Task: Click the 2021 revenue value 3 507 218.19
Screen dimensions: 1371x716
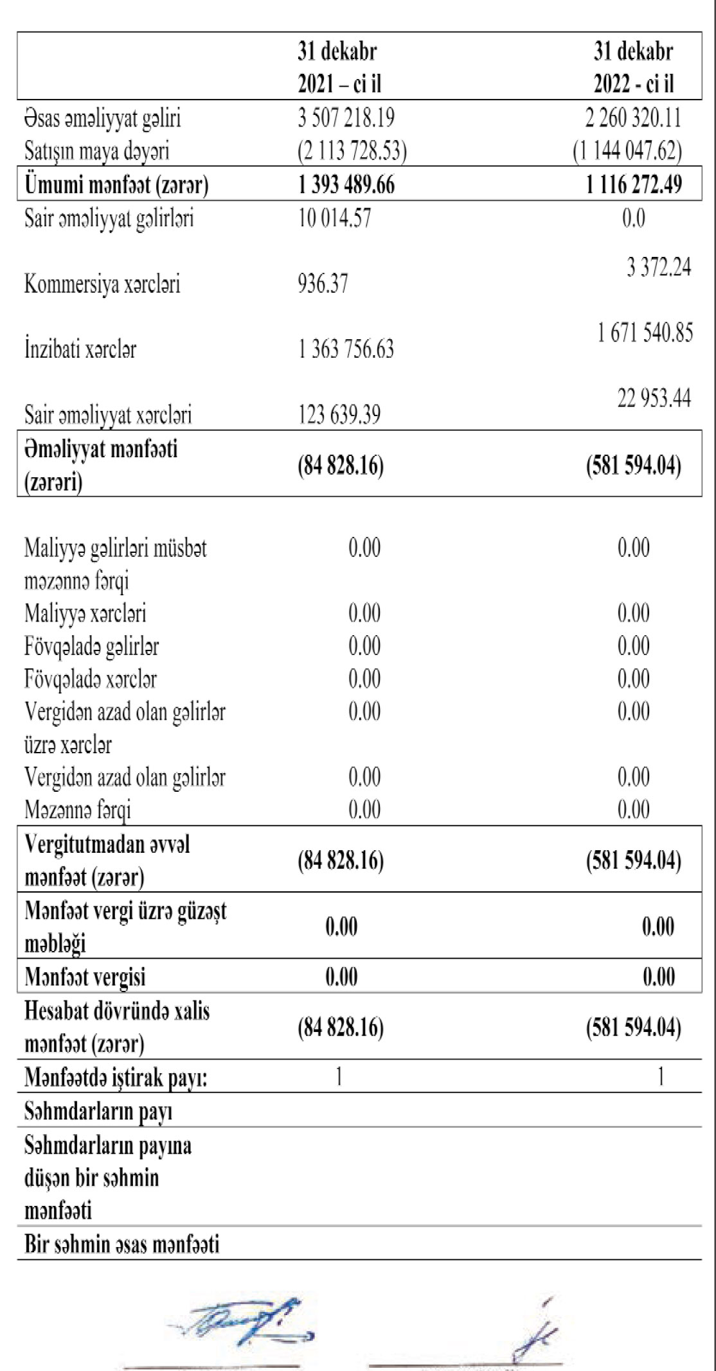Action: (346, 118)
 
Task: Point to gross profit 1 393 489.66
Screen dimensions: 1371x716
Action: (346, 185)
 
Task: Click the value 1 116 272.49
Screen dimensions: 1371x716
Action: (633, 185)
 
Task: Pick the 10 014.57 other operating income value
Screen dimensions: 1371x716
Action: (334, 218)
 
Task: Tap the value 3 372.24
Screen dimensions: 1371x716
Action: (659, 267)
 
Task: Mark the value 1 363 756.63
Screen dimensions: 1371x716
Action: (346, 350)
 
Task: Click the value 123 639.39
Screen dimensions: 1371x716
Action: (339, 415)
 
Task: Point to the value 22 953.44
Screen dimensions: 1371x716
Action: (654, 399)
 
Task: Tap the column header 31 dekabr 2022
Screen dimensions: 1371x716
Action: (633, 68)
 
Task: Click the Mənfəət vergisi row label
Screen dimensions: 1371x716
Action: (85, 977)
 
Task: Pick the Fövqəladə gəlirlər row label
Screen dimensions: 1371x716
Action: (91, 646)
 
